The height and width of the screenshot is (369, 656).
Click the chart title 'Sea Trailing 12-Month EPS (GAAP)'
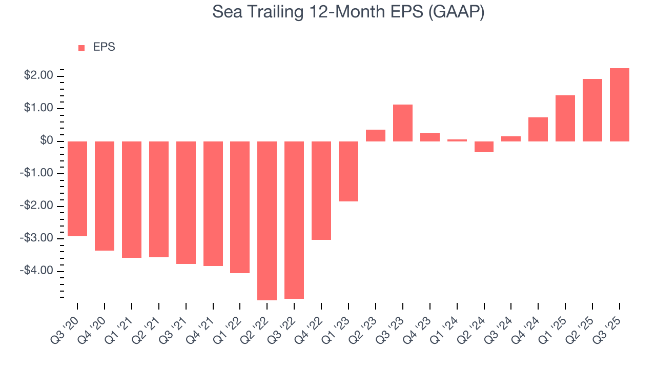click(348, 13)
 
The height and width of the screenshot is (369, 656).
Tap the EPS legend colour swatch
click(81, 48)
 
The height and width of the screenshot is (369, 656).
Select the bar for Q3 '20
click(77, 189)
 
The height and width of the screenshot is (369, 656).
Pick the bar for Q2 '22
click(267, 220)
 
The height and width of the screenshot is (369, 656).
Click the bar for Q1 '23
click(348, 171)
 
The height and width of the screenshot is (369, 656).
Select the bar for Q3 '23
click(403, 123)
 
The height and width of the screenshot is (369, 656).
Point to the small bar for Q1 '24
click(457, 140)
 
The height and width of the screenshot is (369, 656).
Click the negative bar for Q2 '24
click(484, 147)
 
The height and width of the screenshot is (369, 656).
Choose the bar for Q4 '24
click(538, 129)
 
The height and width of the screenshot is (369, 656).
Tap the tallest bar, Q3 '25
click(619, 105)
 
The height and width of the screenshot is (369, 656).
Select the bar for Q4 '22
click(321, 190)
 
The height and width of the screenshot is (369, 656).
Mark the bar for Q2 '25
click(592, 110)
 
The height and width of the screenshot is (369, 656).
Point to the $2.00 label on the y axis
click(39, 76)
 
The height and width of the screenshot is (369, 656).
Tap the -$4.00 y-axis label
click(37, 271)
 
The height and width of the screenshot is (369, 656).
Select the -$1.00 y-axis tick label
click(37, 173)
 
